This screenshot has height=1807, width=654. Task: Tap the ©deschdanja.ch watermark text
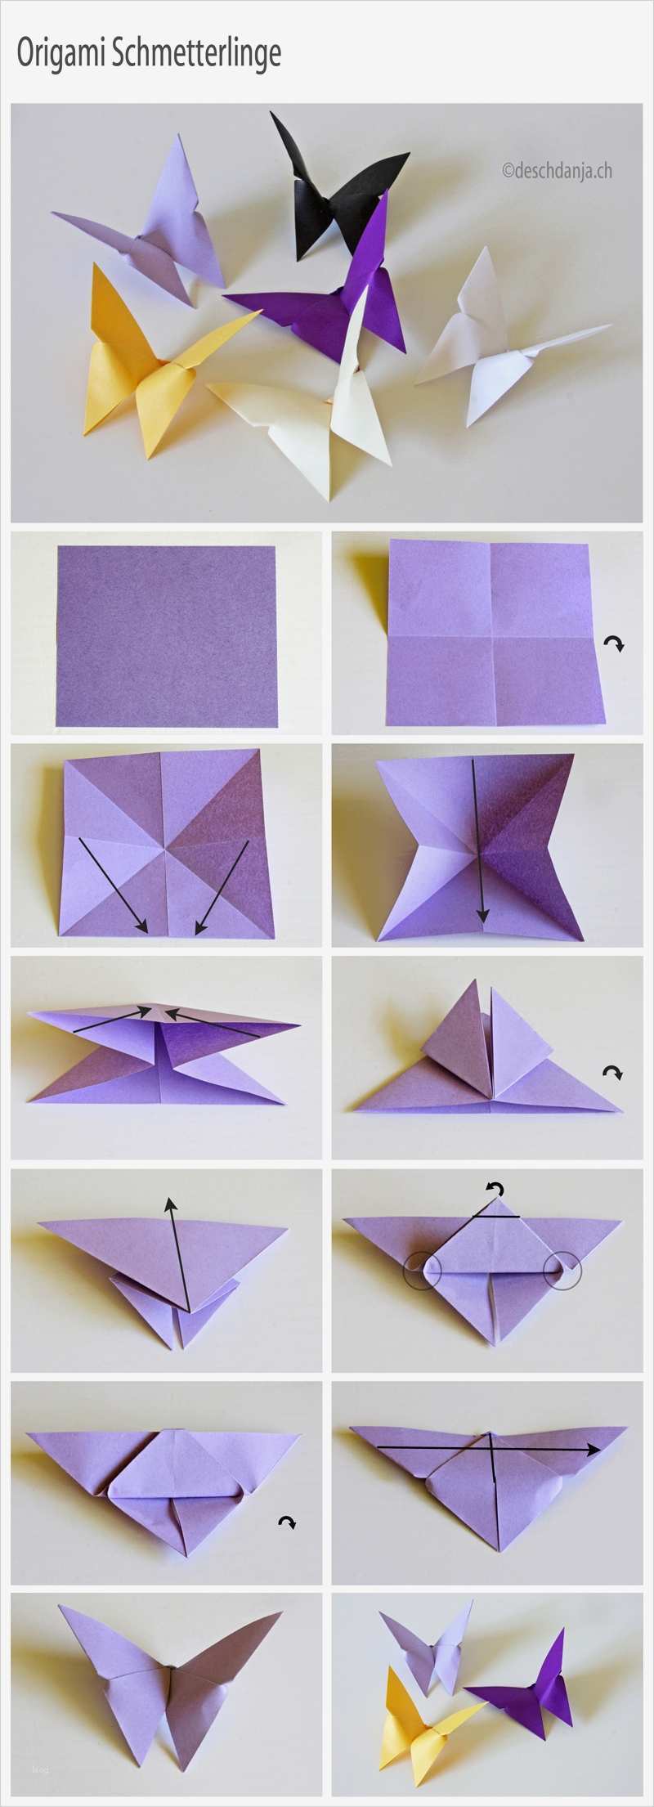pos(557,170)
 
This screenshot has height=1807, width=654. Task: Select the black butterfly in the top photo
pos(339,184)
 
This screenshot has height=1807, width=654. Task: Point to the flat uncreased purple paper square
pos(166,635)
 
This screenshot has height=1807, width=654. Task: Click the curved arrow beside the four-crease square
pos(614,644)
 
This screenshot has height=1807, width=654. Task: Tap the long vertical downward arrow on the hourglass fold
pos(482,843)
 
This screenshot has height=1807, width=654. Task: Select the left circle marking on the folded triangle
pos(422,1271)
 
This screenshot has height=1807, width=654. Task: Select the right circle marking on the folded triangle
pos(562,1271)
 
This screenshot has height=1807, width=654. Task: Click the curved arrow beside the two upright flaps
pos(611,1072)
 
